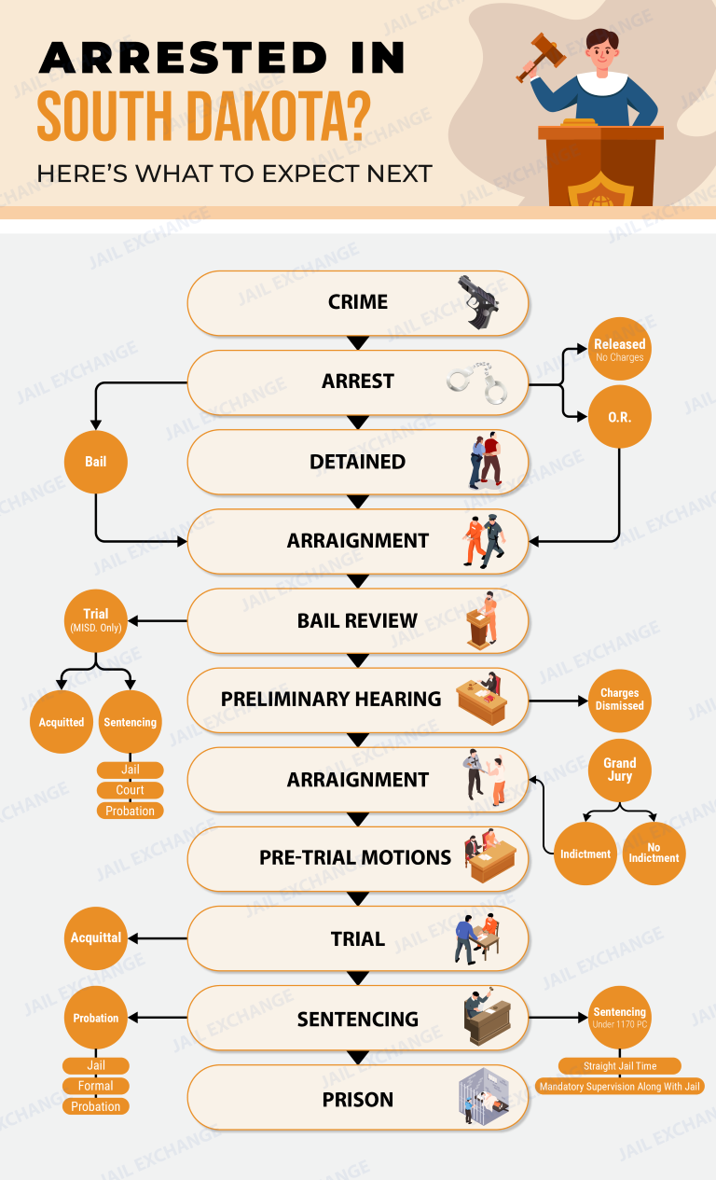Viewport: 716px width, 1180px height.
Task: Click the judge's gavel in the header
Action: pos(540,56)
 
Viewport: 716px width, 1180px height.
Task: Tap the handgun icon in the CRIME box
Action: pos(478,302)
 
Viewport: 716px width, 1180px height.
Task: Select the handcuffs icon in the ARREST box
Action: pos(477,383)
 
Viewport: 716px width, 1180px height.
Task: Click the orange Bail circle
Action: pos(96,462)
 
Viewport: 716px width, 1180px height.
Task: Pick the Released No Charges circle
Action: pos(620,349)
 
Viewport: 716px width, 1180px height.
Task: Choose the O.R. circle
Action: pos(620,417)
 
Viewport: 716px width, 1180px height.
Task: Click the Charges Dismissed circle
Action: pos(620,701)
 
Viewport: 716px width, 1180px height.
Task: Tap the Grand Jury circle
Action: pos(620,770)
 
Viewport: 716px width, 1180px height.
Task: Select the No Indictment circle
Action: pos(654,854)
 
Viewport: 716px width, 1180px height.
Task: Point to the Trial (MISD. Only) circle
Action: pos(96,620)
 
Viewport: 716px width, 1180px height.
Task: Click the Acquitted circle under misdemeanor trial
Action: pos(62,722)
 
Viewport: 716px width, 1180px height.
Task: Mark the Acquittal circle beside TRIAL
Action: pos(96,938)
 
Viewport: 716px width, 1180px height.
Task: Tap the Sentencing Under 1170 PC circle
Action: pos(620,1017)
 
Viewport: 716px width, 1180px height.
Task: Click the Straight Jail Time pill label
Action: pos(620,1065)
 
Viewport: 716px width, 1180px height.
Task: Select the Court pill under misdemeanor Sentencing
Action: pos(130,790)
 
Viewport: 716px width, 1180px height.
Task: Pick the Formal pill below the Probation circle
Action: pos(96,1086)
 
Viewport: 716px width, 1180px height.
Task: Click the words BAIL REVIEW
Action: pos(357,621)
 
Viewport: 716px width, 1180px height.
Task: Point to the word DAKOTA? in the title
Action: pos(279,116)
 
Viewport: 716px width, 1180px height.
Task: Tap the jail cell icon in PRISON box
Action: pos(484,1096)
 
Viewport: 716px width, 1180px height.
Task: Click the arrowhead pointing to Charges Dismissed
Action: pos(583,701)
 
